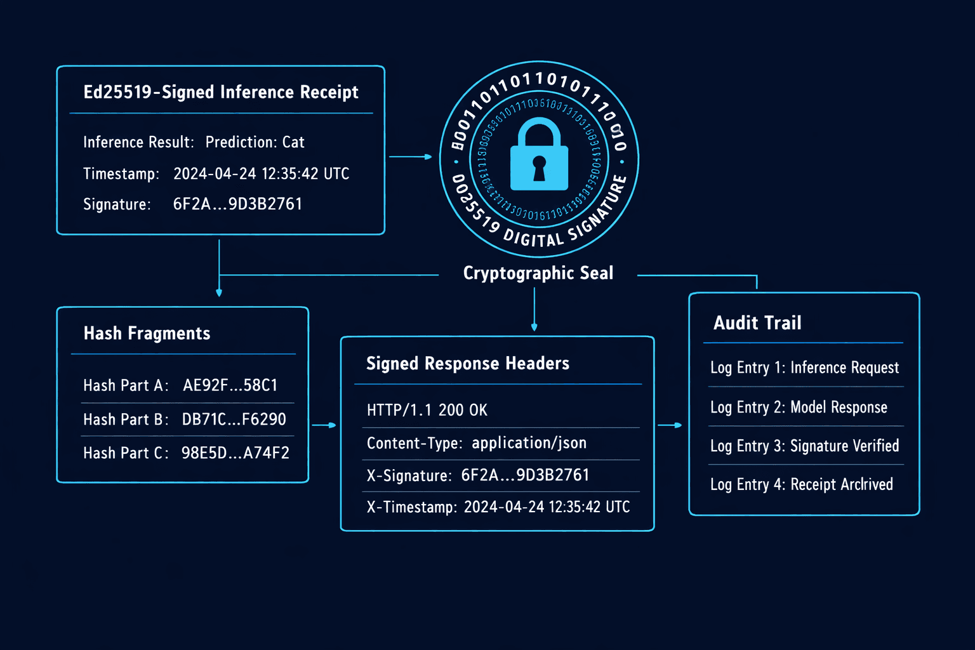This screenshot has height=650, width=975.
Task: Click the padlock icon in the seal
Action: click(x=539, y=155)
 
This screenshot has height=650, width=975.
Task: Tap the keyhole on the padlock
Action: click(x=539, y=168)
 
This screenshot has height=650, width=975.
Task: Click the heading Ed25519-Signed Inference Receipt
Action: click(x=221, y=92)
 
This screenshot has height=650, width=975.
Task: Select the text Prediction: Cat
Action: click(x=255, y=142)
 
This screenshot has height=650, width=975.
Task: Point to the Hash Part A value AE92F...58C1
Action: click(x=230, y=385)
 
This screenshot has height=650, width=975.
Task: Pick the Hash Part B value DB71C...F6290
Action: click(x=234, y=419)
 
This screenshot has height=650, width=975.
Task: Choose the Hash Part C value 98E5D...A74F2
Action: click(x=235, y=453)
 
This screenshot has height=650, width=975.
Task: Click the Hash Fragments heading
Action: click(x=147, y=333)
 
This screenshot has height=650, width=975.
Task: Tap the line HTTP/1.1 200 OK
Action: click(x=427, y=410)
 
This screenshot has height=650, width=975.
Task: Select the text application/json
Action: click(x=529, y=443)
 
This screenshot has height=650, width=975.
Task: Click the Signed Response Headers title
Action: click(x=468, y=363)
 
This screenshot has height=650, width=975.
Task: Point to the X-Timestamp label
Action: click(x=411, y=507)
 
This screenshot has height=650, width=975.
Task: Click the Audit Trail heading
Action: click(x=757, y=323)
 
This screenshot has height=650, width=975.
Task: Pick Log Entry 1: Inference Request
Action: click(x=804, y=368)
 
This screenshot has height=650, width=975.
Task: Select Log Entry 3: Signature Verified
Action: click(x=804, y=446)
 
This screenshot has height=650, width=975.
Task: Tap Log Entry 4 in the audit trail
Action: click(x=801, y=484)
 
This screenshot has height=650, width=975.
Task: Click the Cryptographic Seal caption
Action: click(x=538, y=273)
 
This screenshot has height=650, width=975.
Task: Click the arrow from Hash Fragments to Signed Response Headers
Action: click(x=324, y=425)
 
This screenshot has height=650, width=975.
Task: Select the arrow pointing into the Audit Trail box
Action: click(x=670, y=425)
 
